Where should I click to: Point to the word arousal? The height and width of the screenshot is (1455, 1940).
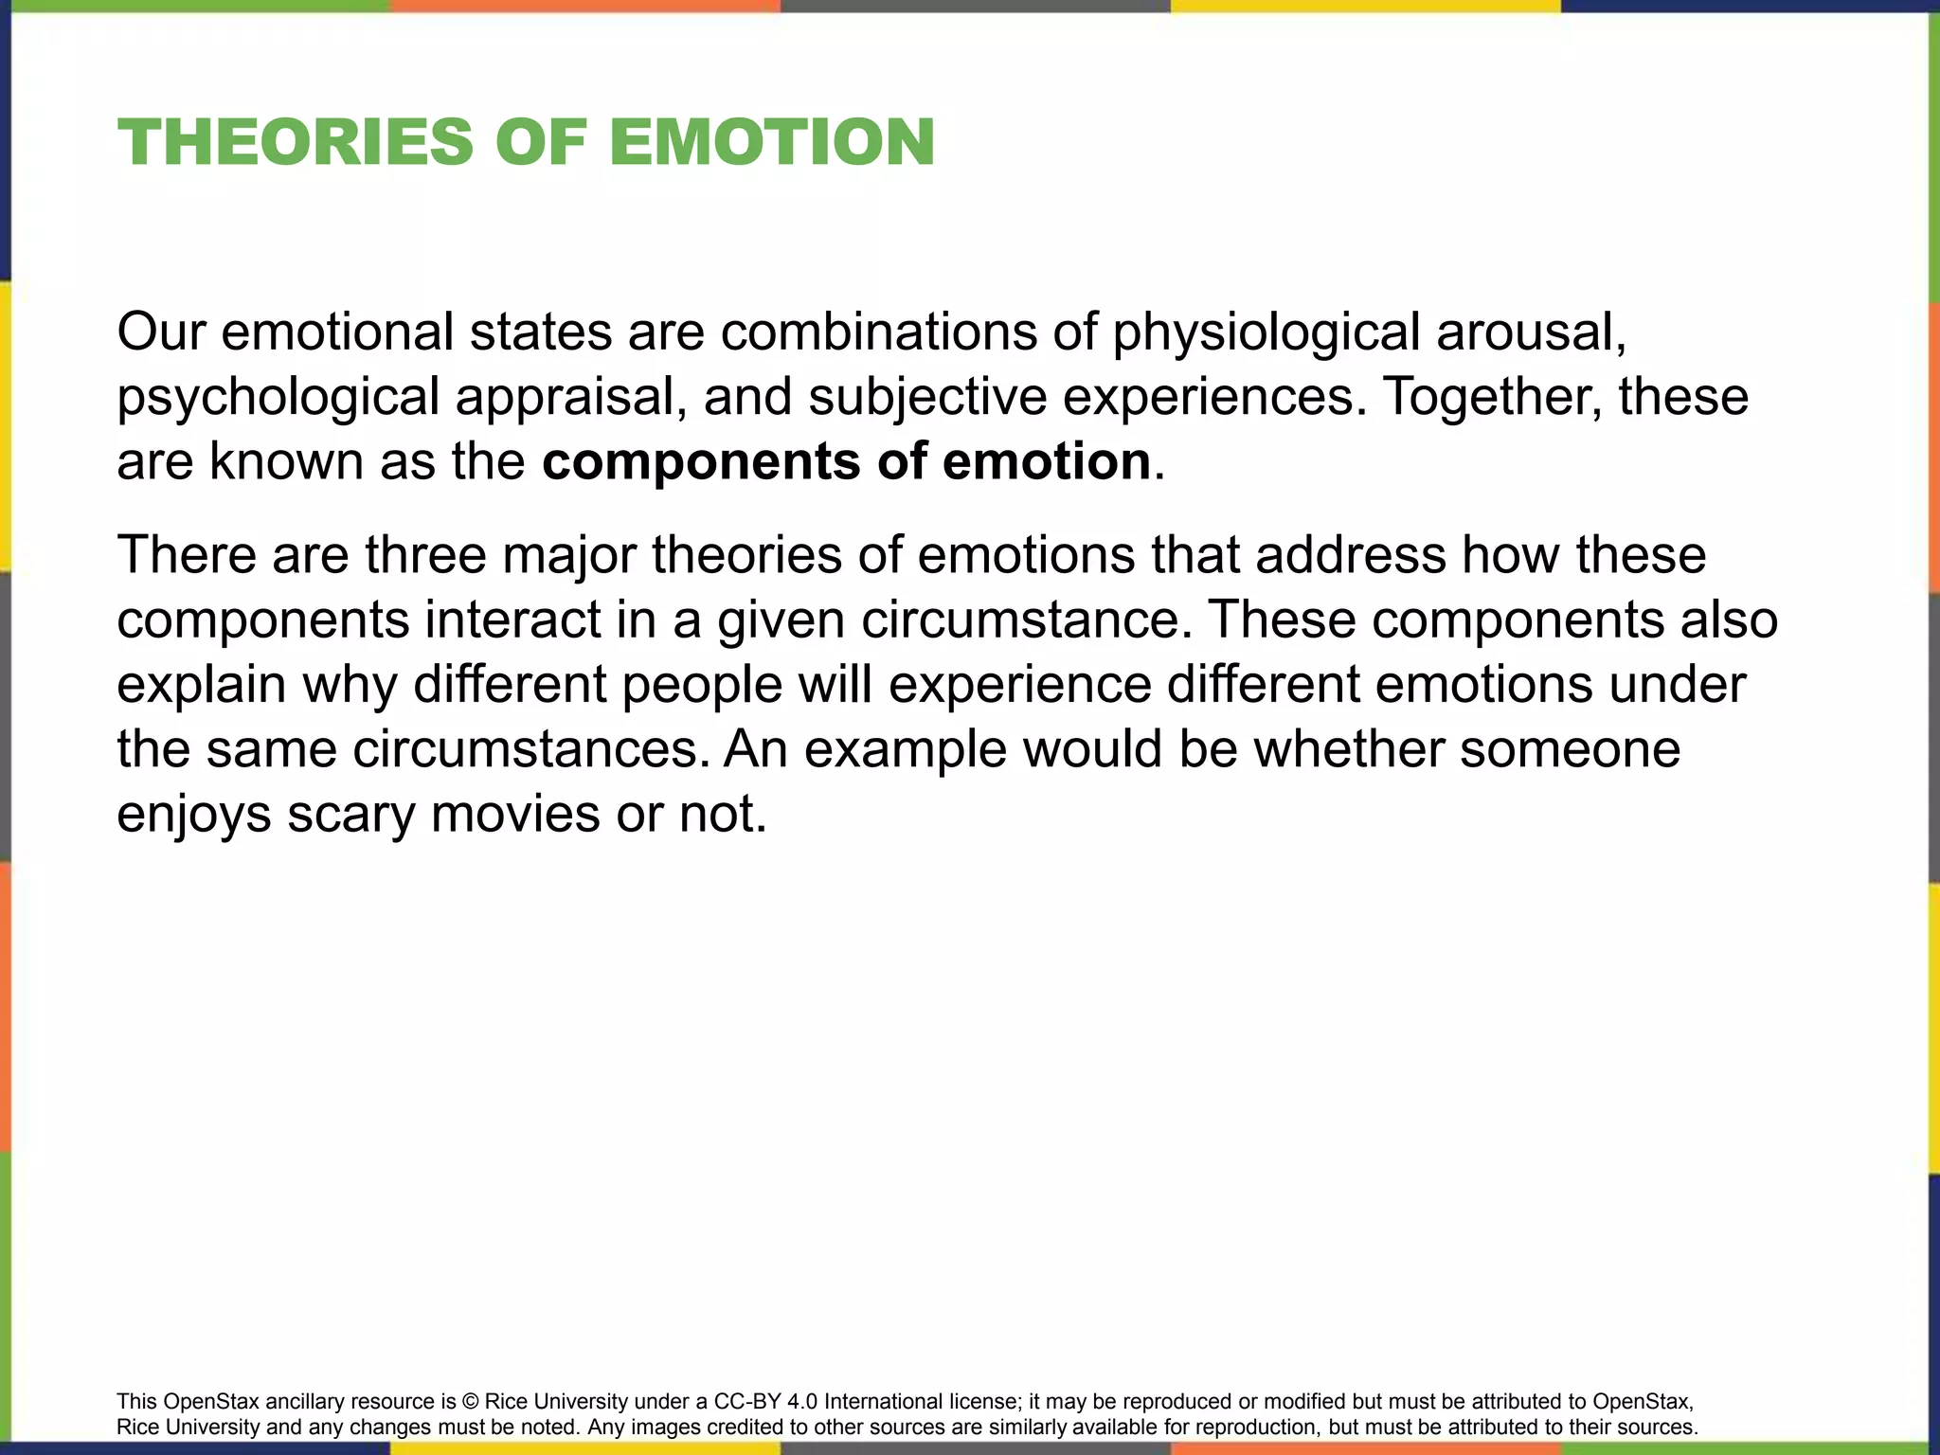click(1531, 332)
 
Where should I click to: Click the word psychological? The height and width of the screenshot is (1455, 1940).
click(278, 397)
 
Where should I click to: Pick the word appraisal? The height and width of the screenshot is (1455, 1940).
click(571, 397)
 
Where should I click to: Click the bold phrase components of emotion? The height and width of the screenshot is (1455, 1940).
click(846, 461)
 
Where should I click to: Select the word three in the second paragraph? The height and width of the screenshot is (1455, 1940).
click(425, 555)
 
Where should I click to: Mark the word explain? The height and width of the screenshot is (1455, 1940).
click(201, 685)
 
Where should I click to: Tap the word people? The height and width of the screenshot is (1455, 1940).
click(701, 685)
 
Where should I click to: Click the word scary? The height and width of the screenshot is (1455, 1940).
click(350, 814)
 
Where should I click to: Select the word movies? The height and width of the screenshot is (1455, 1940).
click(515, 814)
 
